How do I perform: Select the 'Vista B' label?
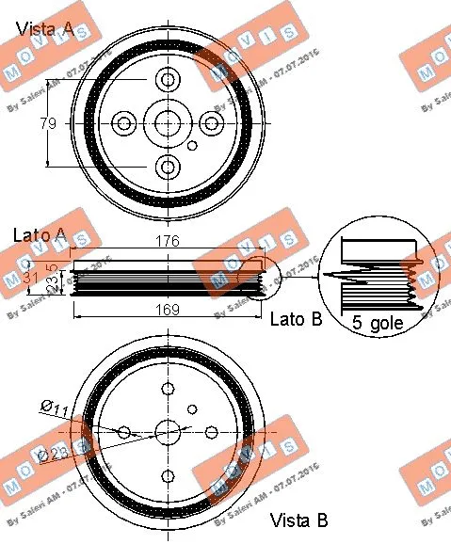pos(298,520)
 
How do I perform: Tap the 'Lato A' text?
pos(39,234)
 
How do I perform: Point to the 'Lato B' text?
pos(296,319)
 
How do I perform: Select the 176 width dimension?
pos(167,242)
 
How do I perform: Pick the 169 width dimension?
pos(167,309)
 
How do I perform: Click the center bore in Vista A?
pos(168,122)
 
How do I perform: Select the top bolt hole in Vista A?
pos(168,79)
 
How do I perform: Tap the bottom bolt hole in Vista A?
pos(168,167)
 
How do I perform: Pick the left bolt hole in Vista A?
pos(124,122)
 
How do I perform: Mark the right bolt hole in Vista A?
pos(212,122)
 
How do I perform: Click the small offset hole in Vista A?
pos(192,146)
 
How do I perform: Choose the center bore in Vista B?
pos(168,433)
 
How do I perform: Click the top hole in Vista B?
pos(168,390)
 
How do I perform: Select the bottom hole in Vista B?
pos(168,476)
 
